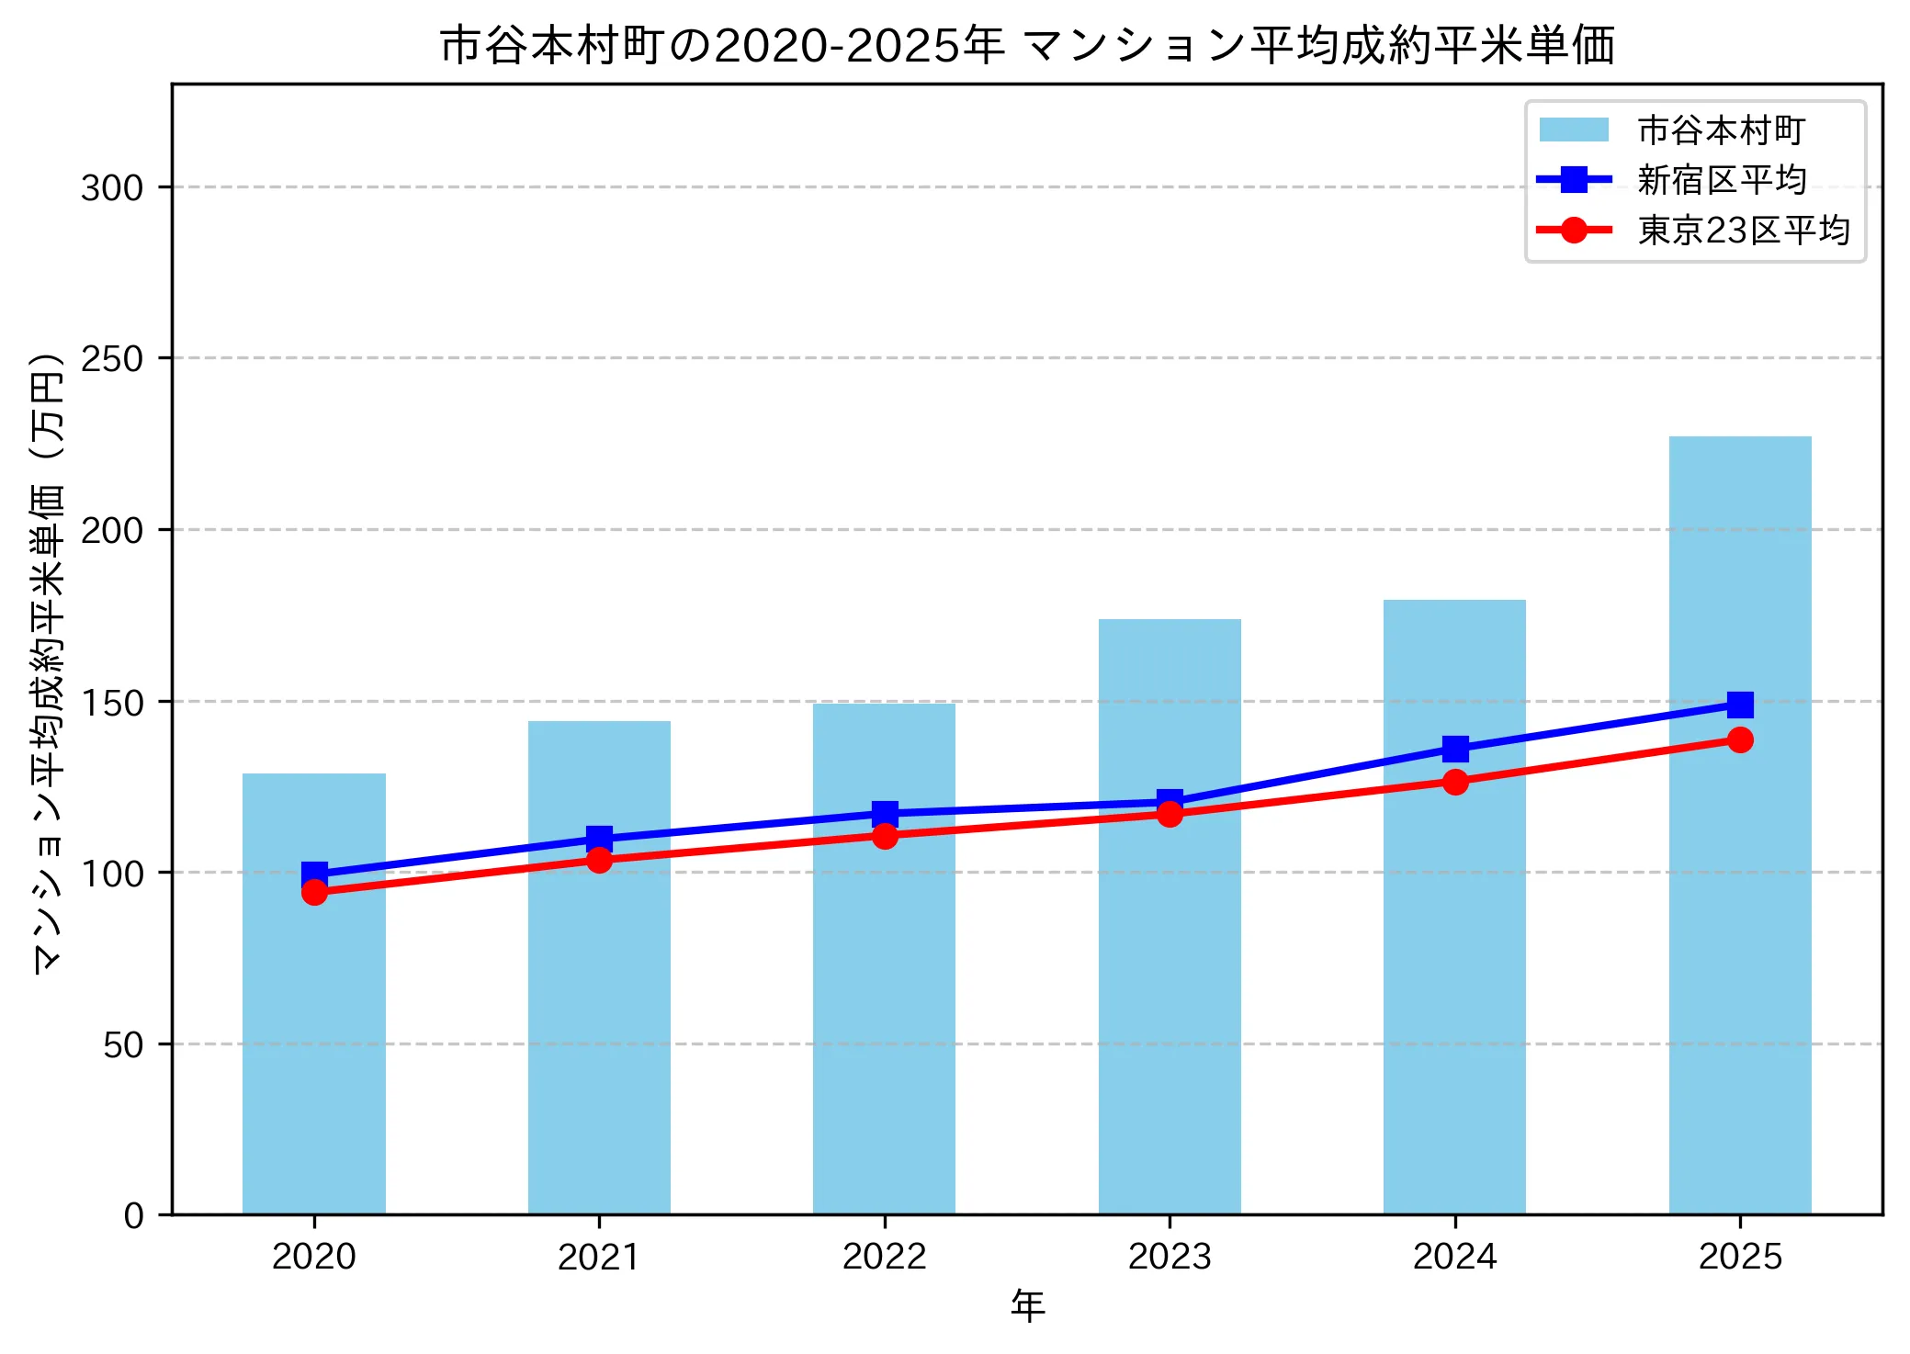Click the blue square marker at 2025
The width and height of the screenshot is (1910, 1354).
pyautogui.click(x=1739, y=705)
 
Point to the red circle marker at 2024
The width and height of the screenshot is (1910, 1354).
pyautogui.click(x=1454, y=782)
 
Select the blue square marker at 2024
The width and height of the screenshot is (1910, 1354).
pyautogui.click(x=1454, y=749)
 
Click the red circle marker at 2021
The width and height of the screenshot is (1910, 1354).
pyautogui.click(x=599, y=860)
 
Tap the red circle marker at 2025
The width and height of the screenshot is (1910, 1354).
pyautogui.click(x=1739, y=739)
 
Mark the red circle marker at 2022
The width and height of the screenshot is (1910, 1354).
pyautogui.click(x=885, y=835)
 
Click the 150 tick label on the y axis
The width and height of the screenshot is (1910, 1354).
pyautogui.click(x=112, y=703)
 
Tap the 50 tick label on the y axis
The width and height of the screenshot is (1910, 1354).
pyautogui.click(x=123, y=1045)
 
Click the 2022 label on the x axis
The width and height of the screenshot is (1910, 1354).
pyautogui.click(x=884, y=1256)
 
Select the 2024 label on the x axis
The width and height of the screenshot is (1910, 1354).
pyautogui.click(x=1454, y=1256)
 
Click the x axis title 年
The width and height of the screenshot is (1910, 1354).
pyautogui.click(x=1027, y=1305)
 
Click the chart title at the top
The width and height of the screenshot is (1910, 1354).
pyautogui.click(x=1026, y=45)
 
